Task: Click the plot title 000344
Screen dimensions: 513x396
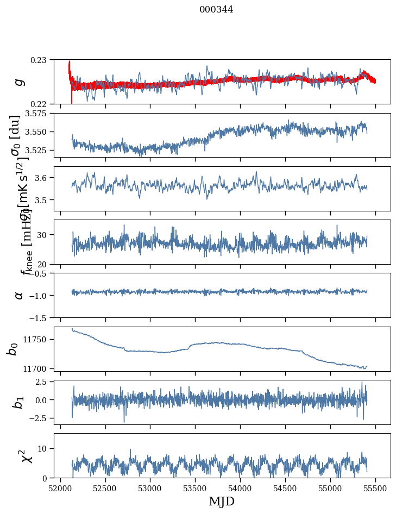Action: click(216, 9)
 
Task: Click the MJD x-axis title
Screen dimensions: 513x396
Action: click(222, 502)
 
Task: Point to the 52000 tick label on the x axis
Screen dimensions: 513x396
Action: click(60, 488)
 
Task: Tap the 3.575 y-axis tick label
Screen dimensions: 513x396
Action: click(37, 114)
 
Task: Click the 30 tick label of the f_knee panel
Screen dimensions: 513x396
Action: click(45, 235)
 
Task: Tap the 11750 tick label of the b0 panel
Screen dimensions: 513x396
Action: click(37, 340)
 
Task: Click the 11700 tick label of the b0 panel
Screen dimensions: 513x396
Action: click(37, 368)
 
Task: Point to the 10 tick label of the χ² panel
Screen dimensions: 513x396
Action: click(45, 448)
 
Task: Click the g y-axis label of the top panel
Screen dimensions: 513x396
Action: click(20, 82)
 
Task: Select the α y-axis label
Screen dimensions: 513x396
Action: click(20, 295)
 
